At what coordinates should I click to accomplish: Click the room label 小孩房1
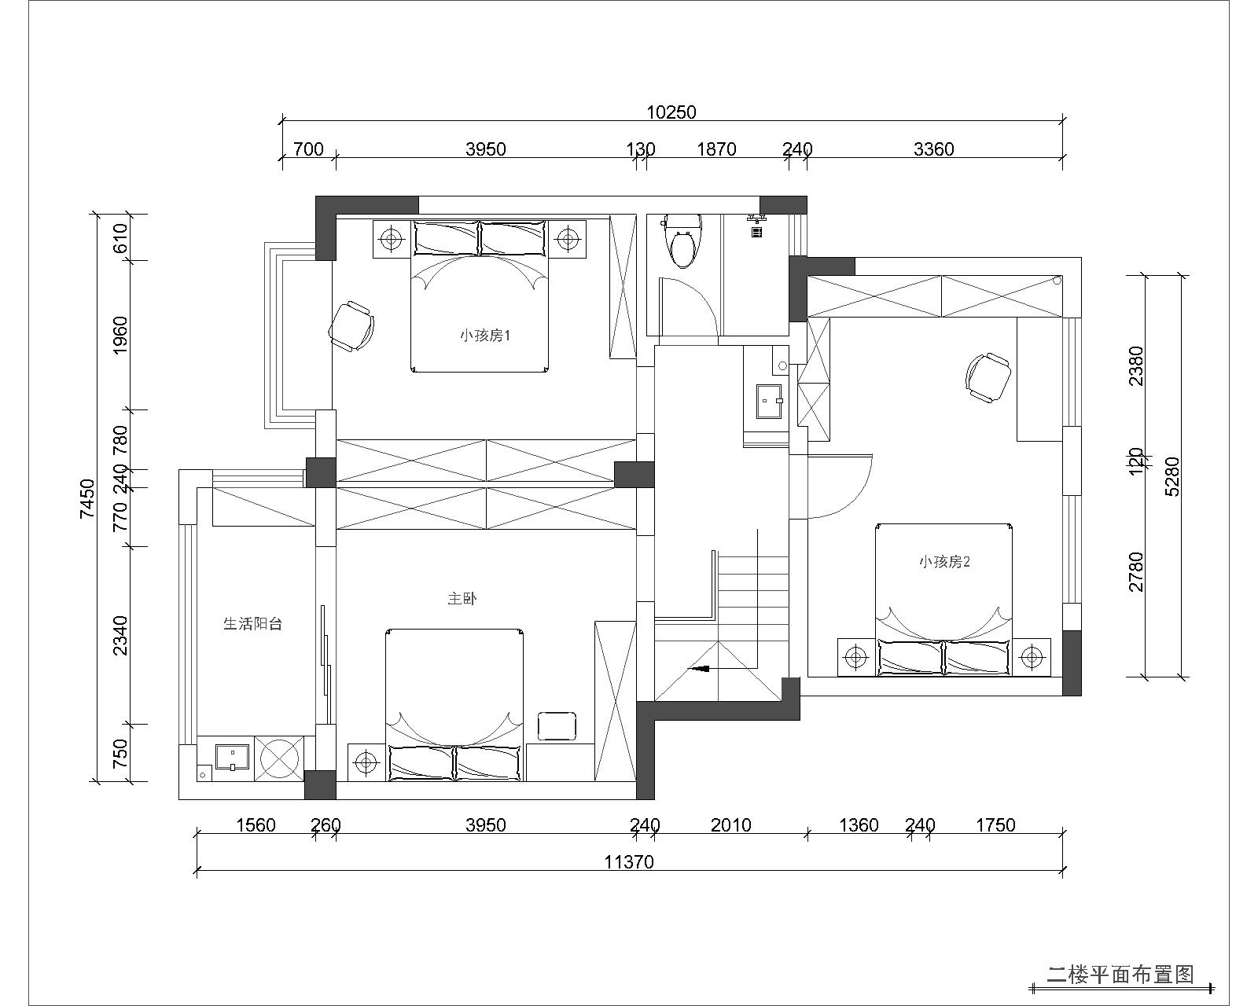pos(485,336)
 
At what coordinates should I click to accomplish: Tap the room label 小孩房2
pos(944,562)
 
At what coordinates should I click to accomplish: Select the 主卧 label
pos(462,599)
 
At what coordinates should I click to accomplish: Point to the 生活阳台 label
pos(252,624)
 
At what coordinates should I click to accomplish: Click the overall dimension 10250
pos(671,112)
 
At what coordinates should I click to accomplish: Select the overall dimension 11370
pos(629,862)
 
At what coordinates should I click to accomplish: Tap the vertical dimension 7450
pos(87,498)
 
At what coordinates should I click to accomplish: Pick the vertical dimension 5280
pos(1172,476)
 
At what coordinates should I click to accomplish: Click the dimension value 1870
pos(717,149)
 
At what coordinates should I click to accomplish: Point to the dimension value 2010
pos(730,824)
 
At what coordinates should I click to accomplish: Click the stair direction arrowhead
pos(701,669)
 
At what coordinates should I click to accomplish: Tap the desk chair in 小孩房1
pos(352,326)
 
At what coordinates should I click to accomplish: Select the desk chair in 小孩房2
pos(988,377)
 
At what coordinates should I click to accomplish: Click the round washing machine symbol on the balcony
pos(279,758)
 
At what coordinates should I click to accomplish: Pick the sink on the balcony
pos(232,757)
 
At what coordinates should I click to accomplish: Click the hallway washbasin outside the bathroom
pos(769,401)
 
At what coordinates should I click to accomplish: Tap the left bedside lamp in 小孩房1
pos(391,238)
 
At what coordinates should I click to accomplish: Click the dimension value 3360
pos(933,149)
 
